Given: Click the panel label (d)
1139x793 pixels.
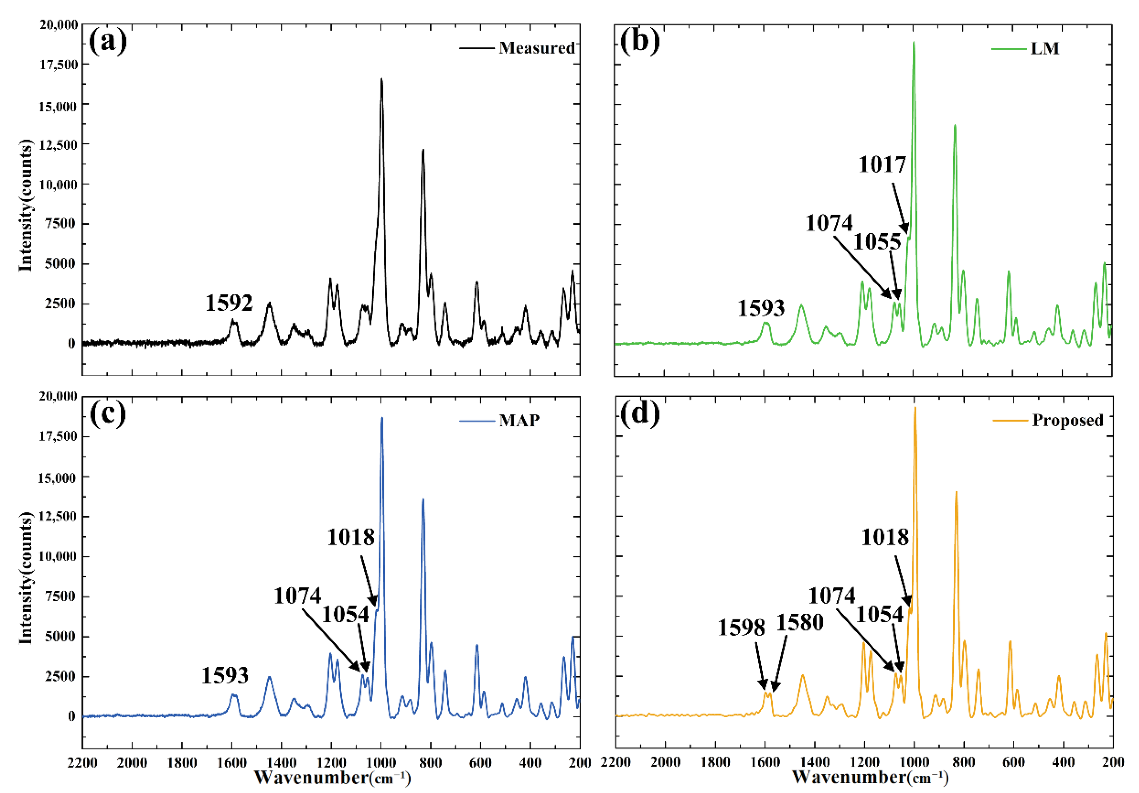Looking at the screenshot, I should [640, 413].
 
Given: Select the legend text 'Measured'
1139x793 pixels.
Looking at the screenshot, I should [537, 48].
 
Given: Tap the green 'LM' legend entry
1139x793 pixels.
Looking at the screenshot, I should [1045, 49].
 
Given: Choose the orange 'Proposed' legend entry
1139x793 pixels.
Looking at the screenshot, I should [1068, 420].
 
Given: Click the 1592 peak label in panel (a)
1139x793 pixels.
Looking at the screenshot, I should [229, 303].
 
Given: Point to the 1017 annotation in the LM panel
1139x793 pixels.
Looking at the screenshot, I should [882, 165].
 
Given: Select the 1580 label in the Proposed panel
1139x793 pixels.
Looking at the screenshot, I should [800, 622].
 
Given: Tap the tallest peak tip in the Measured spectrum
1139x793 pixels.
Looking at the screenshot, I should [381, 79].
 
